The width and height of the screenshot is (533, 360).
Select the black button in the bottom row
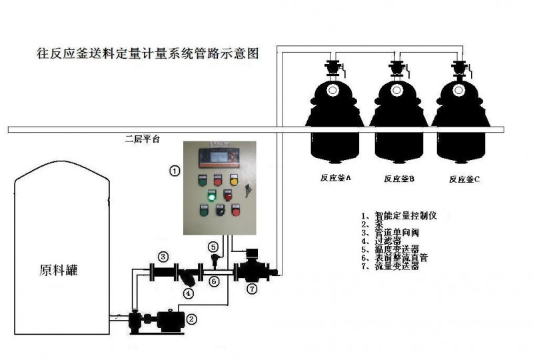219,211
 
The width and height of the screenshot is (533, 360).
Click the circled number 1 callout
174,171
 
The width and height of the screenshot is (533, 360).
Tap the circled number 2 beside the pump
192,319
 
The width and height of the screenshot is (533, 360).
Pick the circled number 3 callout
163,256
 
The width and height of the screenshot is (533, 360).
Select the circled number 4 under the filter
189,292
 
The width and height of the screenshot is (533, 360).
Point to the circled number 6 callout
214,282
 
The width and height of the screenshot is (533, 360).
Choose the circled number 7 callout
252,289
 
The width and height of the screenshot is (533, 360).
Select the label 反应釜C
464,179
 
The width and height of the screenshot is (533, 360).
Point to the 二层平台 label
143,140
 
